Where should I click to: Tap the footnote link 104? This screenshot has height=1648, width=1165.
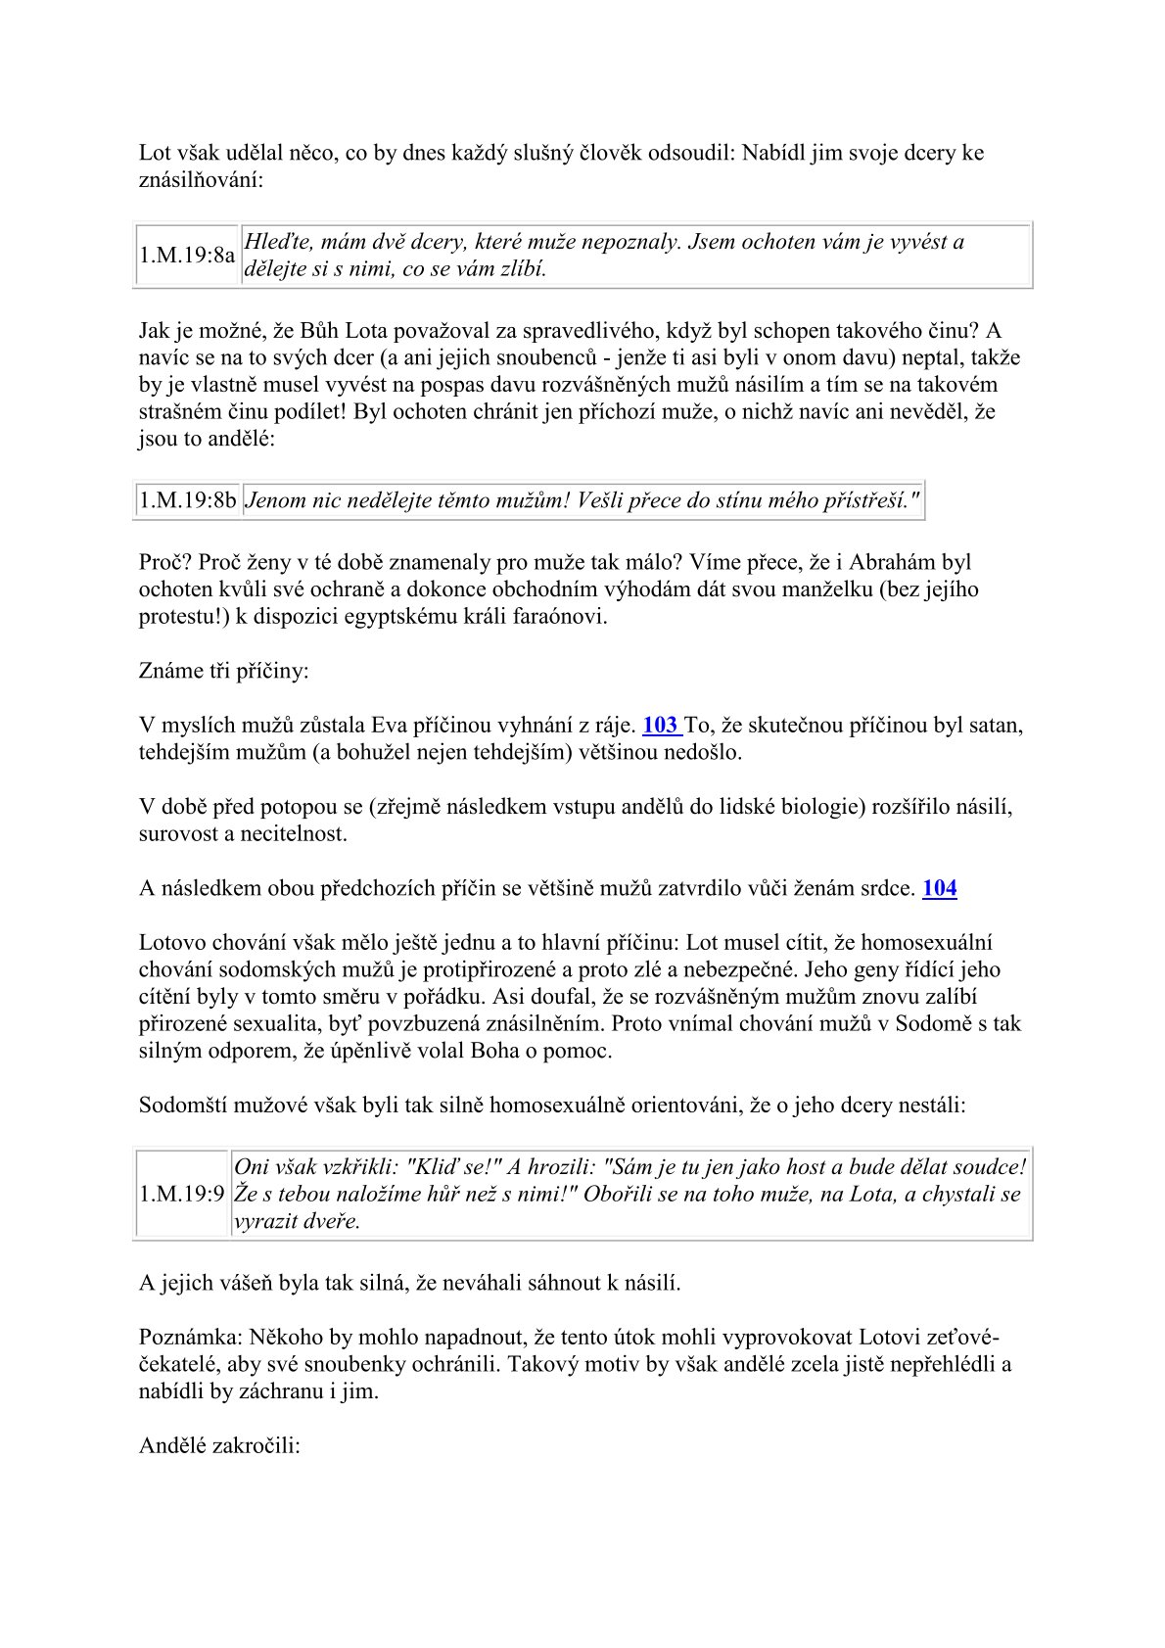939,888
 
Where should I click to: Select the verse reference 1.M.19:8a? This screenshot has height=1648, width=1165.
187,256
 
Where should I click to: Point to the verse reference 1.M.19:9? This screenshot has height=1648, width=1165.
182,1195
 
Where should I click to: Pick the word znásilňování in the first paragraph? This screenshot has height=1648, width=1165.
195,180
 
